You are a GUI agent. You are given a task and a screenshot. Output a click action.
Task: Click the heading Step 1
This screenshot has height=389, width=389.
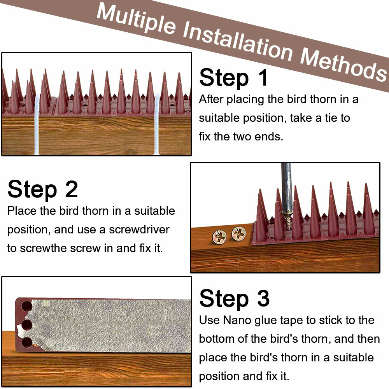pos(234,77)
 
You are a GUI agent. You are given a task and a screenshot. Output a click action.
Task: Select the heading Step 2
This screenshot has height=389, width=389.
pos(43,189)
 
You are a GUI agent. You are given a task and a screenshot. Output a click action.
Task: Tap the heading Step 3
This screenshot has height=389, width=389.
pos(234,299)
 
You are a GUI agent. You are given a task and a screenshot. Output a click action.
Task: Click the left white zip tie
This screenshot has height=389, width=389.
pos(37,124)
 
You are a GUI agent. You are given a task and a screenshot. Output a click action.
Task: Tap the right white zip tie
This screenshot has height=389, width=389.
pos(157,124)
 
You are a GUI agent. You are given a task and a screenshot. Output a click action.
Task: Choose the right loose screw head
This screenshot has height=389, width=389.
pos(238,233)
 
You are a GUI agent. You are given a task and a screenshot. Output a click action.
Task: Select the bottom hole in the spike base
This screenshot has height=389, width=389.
pos(26,342)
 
